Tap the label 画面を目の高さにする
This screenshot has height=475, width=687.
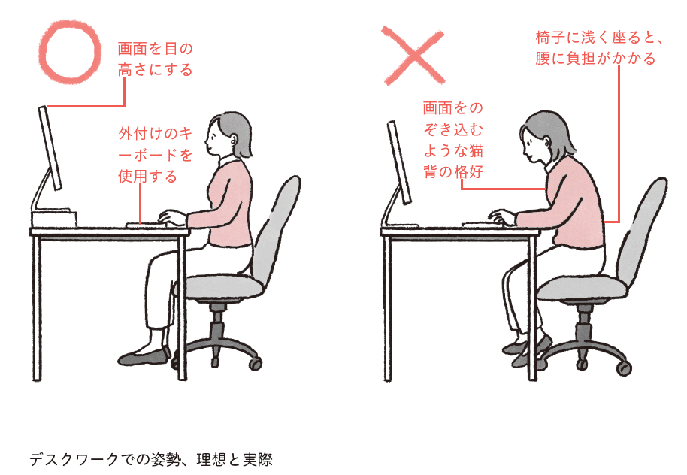(156, 59)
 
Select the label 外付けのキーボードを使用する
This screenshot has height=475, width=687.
(154, 155)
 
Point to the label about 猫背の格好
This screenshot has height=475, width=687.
(452, 141)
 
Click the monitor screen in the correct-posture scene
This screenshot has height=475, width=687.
(50, 148)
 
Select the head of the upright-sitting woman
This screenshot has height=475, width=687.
(228, 136)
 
